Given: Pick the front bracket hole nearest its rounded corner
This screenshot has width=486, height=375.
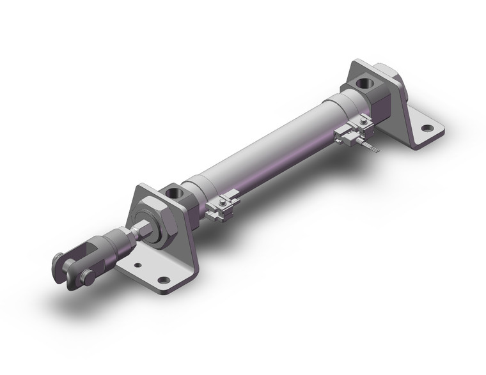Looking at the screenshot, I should pyautogui.click(x=165, y=280).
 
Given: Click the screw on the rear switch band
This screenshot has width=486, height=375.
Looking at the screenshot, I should pyautogui.click(x=363, y=121).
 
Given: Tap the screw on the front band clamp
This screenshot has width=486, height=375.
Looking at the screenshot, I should pyautogui.click(x=221, y=203).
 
